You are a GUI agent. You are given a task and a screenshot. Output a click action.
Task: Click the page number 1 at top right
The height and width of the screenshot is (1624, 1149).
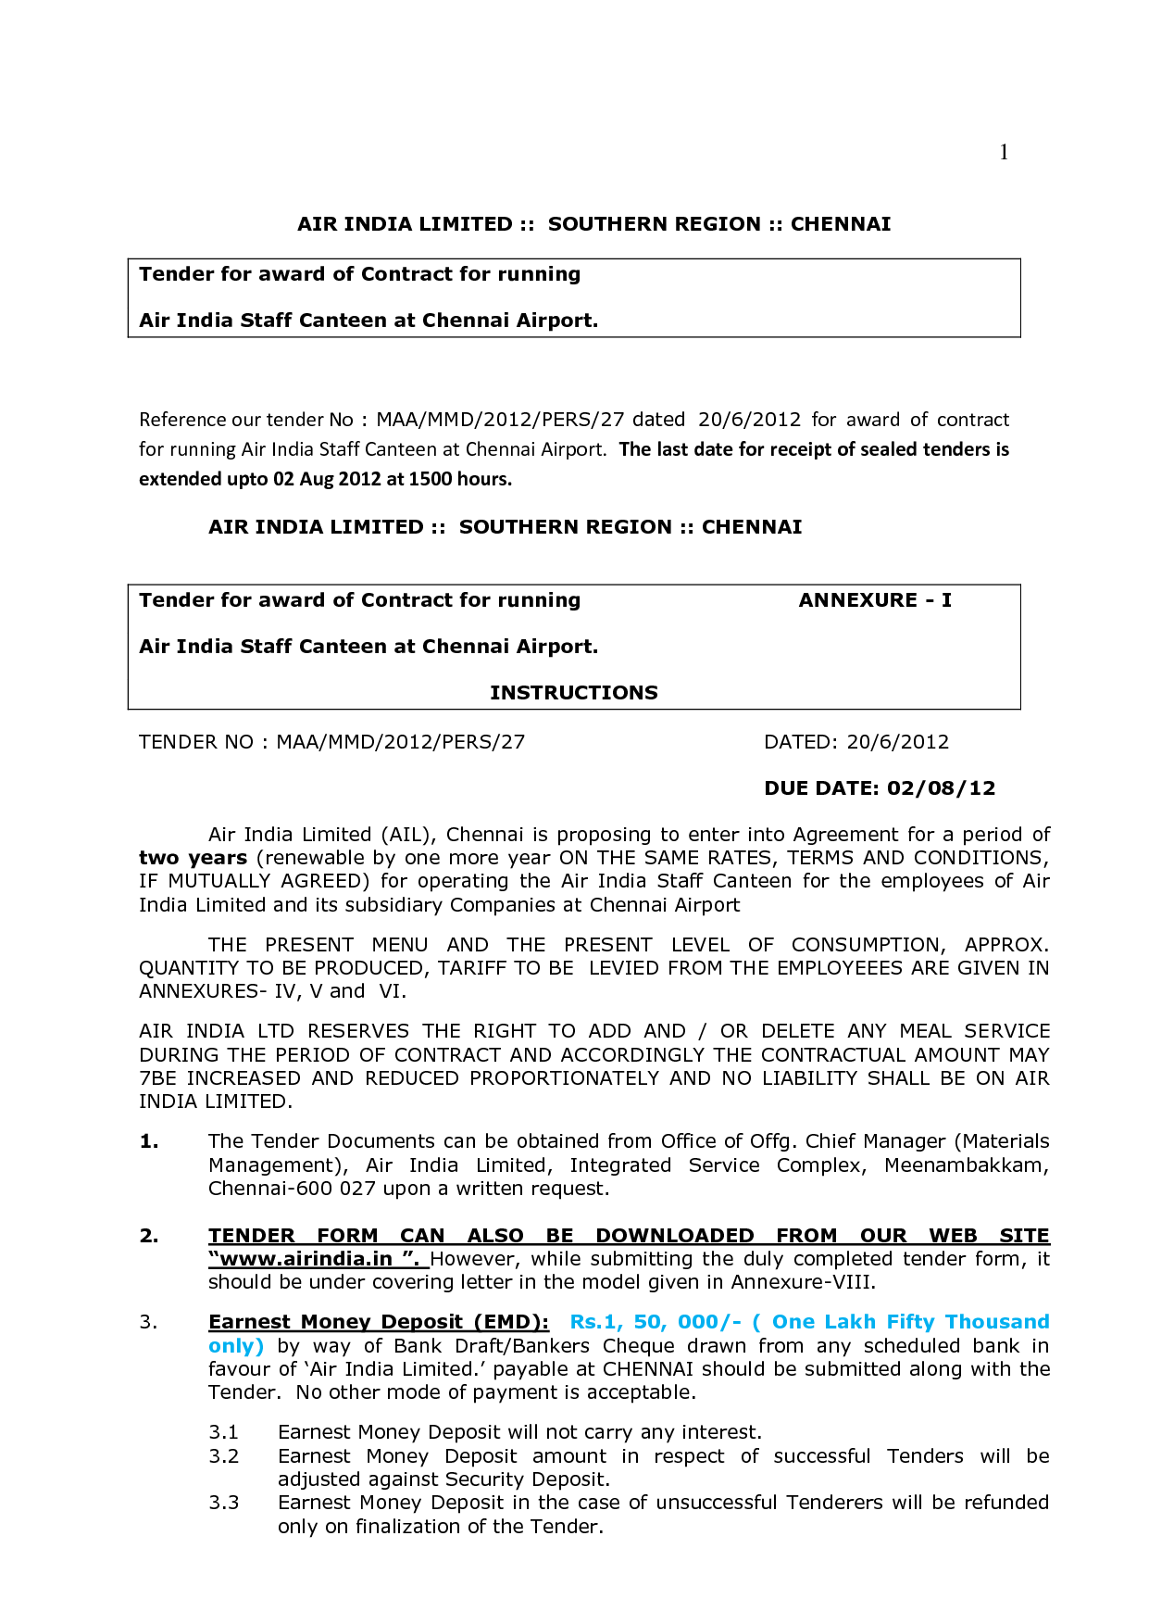[1004, 152]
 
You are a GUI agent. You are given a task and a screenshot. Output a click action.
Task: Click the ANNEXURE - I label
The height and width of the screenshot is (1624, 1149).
[874, 600]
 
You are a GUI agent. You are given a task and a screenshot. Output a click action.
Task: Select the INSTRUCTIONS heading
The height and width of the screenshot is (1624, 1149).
[573, 693]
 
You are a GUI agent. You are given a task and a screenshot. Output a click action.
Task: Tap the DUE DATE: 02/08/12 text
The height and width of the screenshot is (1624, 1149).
[879, 788]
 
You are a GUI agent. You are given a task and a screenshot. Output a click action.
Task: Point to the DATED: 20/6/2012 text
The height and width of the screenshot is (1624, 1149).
[856, 742]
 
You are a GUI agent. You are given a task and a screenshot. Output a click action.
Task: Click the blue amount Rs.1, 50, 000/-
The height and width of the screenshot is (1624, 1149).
[655, 1322]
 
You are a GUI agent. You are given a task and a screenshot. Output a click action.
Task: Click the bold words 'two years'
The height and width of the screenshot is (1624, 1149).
[193, 858]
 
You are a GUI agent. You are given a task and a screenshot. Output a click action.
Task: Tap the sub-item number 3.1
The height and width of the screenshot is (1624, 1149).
[223, 1432]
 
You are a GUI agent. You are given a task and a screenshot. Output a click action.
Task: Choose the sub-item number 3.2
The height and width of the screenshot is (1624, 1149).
[223, 1456]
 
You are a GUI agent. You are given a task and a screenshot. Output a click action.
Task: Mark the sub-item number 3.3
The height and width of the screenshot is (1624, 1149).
[223, 1503]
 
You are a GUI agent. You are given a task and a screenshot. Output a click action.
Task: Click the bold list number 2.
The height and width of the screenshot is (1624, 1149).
[149, 1236]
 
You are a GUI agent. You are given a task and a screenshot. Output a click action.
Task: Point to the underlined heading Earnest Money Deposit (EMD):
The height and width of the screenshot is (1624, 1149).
[378, 1322]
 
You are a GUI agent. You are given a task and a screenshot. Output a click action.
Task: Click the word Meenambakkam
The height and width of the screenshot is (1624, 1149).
[966, 1165]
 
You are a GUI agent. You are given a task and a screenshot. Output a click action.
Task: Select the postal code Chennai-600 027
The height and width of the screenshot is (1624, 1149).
[292, 1189]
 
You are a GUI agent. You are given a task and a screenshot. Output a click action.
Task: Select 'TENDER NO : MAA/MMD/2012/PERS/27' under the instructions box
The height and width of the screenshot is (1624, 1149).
[331, 742]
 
